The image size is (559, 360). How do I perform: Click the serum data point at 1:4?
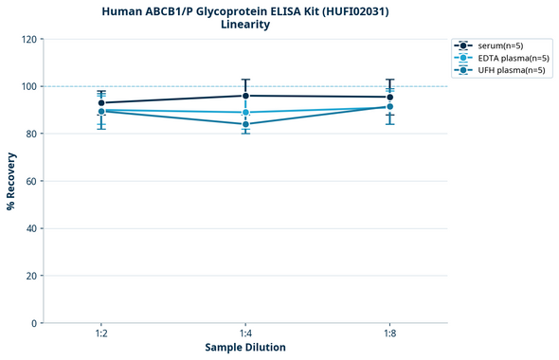245,96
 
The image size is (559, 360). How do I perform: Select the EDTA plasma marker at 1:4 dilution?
245,113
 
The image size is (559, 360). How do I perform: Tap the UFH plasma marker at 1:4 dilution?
245,124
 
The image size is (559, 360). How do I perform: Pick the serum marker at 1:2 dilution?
101,103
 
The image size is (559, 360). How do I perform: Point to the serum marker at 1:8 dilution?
389,97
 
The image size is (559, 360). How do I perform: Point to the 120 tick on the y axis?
28,39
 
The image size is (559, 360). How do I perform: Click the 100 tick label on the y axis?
28,86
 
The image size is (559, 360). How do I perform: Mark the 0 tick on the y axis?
34,323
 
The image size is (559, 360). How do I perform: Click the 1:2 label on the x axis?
101,333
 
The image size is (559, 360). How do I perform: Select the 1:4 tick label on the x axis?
245,333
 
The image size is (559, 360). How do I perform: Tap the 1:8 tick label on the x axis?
389,333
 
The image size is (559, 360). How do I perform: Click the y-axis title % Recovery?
11,181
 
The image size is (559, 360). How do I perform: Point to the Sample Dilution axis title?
245,348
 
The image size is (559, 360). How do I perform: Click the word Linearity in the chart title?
244,25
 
